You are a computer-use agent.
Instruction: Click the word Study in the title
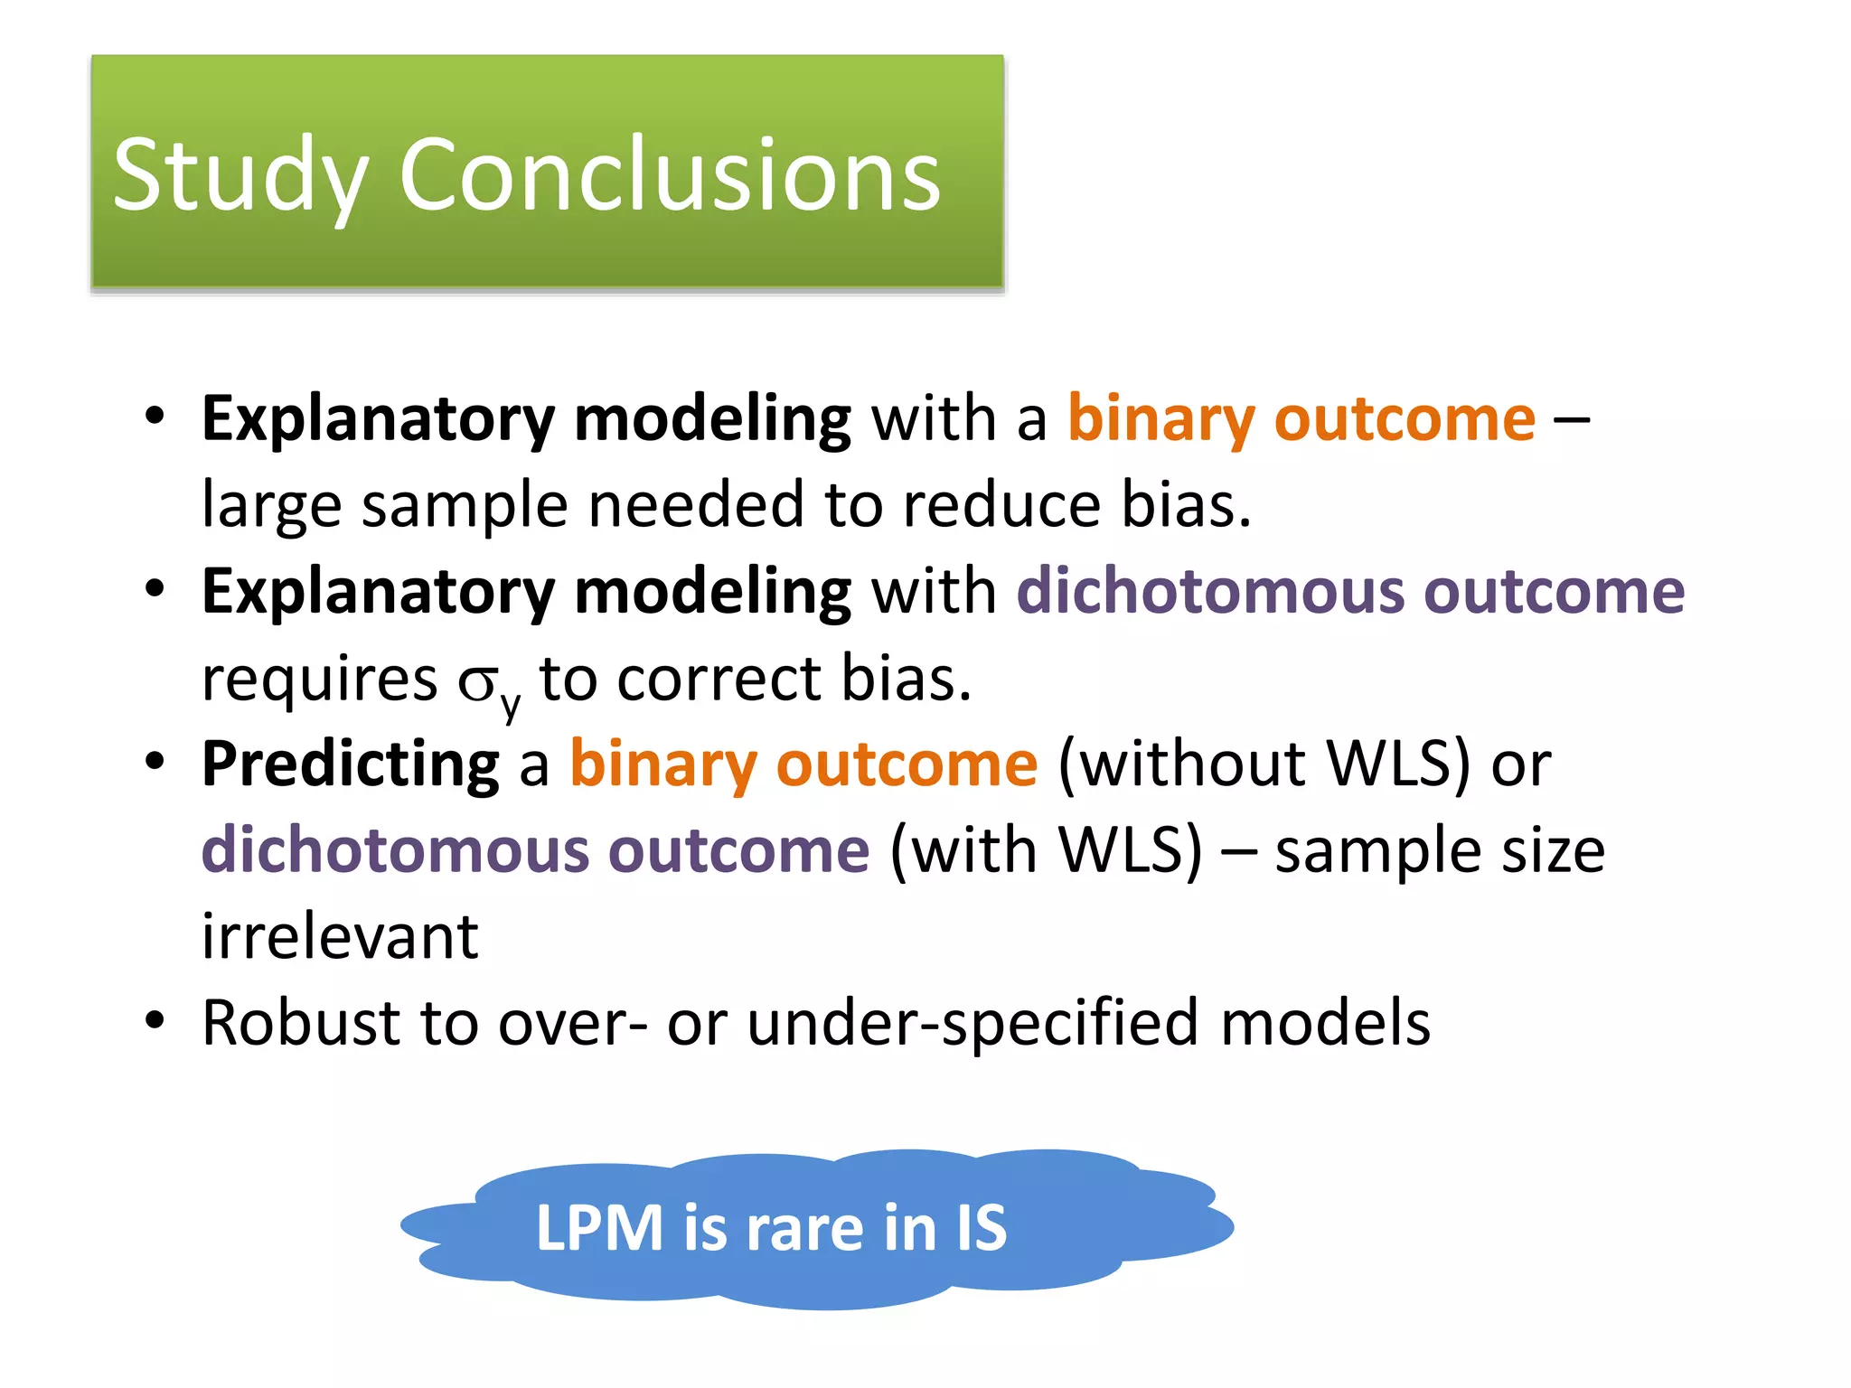click(240, 175)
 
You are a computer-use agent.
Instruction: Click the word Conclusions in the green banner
click(670, 175)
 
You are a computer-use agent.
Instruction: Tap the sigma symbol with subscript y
click(486, 684)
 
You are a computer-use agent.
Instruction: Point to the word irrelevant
click(339, 937)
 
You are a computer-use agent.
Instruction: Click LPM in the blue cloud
click(599, 1228)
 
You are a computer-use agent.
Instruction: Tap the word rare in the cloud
click(805, 1228)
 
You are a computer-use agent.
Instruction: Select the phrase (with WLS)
click(1046, 850)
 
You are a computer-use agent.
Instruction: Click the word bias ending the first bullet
click(1185, 504)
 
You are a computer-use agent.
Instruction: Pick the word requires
click(319, 680)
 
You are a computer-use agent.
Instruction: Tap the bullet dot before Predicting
click(155, 761)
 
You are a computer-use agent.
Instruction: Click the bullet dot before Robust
click(155, 1020)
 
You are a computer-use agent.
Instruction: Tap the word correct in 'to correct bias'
click(719, 680)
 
